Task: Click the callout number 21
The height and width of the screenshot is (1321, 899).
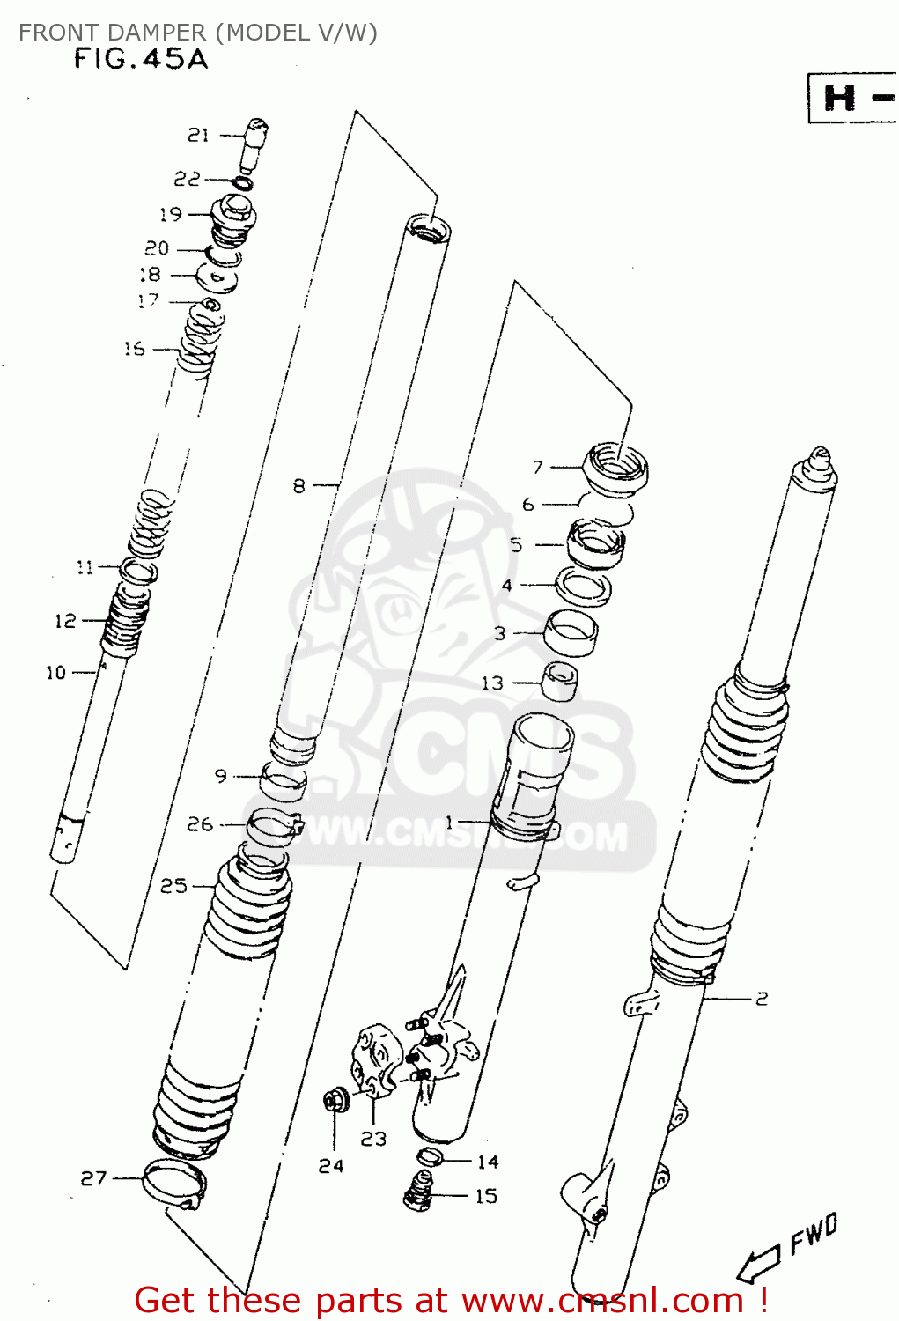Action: [198, 135]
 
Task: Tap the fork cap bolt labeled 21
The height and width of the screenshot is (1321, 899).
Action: [254, 143]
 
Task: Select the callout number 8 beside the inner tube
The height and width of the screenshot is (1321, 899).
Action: [299, 485]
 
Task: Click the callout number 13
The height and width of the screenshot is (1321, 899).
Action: [492, 683]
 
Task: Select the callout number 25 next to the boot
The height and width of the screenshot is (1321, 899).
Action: [173, 885]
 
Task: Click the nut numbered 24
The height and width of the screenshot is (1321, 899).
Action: [334, 1101]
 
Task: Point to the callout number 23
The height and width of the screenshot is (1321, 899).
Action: [373, 1139]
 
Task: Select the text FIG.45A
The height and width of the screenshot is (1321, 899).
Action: [141, 59]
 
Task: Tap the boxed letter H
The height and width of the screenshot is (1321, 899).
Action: [840, 98]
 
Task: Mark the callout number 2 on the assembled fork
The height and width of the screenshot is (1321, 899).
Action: [762, 998]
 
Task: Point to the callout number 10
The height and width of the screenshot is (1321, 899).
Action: [56, 673]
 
